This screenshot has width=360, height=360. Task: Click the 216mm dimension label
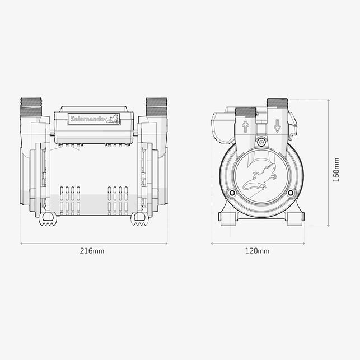tap(92, 251)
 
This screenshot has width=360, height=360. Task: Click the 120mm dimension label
tap(257, 251)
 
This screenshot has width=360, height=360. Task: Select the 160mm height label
tap(336, 170)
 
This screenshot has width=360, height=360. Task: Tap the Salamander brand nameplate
tap(93, 119)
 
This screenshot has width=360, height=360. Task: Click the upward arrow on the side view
tap(245, 126)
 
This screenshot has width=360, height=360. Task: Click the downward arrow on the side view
tap(277, 126)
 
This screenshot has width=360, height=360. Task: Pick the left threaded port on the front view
tap(31, 107)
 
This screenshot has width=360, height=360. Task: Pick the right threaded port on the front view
tap(157, 107)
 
